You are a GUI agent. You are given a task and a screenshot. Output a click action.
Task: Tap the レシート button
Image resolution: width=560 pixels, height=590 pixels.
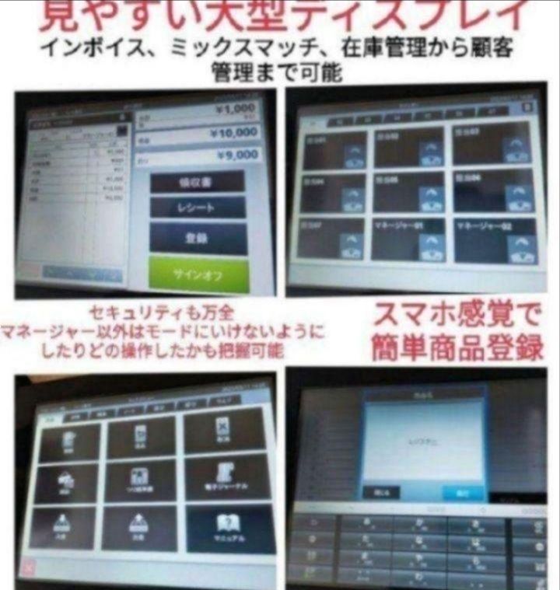198,208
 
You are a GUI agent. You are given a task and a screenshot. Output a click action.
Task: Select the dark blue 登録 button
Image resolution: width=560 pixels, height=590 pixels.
198,238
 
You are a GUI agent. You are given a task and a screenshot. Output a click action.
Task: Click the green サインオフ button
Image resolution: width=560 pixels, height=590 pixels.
199,273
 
